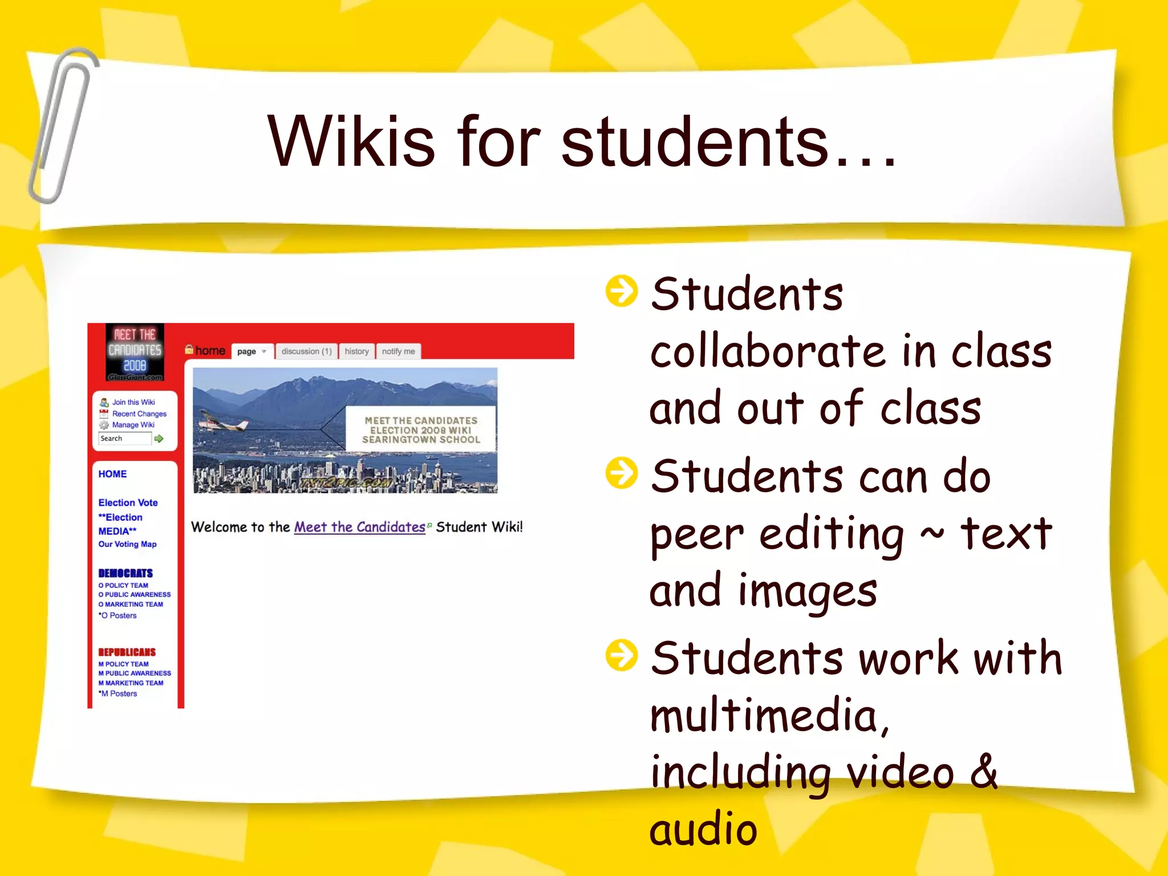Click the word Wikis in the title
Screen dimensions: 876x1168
click(x=351, y=141)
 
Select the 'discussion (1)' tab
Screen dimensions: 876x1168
click(x=306, y=351)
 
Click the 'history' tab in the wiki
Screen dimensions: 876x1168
click(x=356, y=351)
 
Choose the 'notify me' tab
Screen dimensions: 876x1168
click(x=398, y=351)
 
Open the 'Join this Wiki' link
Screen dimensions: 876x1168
click(x=133, y=402)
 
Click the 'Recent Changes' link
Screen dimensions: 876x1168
click(x=139, y=413)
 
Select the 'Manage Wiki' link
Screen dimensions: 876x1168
click(x=133, y=425)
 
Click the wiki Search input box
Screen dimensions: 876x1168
click(x=124, y=439)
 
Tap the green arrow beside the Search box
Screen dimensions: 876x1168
click(x=159, y=439)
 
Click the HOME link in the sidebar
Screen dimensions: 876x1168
click(x=112, y=474)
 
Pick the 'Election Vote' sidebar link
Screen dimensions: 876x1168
click(x=128, y=502)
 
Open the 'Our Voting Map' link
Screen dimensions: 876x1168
click(x=127, y=544)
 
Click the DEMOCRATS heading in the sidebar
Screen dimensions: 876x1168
click(x=125, y=573)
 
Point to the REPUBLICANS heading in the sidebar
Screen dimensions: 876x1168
click(x=127, y=652)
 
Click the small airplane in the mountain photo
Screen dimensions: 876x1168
click(x=223, y=423)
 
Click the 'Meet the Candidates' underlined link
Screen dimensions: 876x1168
click(x=359, y=527)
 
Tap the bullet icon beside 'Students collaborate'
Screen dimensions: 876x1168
click(x=621, y=291)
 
